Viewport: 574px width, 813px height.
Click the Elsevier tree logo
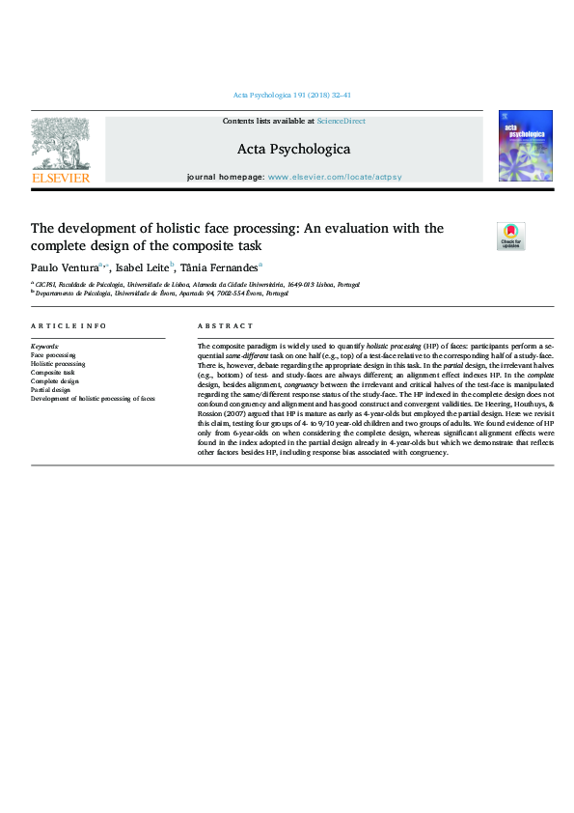tap(60, 144)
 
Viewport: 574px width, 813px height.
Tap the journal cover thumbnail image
tap(525, 146)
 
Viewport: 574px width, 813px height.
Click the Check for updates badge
tap(510, 237)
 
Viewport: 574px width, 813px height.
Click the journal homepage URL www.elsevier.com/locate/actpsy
tap(334, 179)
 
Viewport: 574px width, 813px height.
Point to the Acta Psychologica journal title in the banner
tap(293, 150)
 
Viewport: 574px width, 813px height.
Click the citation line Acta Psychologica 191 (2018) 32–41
tap(292, 96)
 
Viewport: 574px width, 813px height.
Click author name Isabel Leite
tap(143, 266)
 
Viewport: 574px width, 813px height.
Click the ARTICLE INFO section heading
tap(68, 326)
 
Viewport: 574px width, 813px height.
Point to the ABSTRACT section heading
tap(225, 326)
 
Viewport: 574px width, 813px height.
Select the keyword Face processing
tap(54, 355)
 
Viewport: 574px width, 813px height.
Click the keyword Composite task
tap(52, 372)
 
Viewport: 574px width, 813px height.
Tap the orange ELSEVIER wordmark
tap(60, 178)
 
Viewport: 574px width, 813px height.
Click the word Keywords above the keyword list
tap(45, 346)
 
